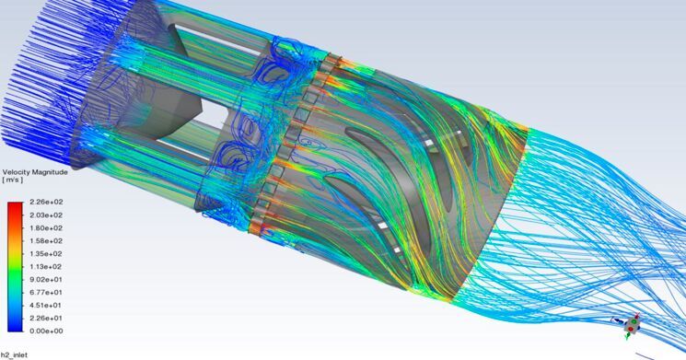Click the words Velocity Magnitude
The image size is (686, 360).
[34, 171]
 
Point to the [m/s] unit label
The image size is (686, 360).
[14, 180]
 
